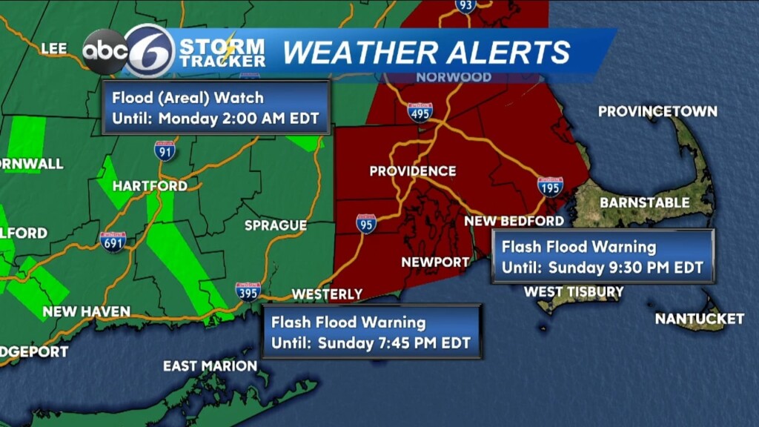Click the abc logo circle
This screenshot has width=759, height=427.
point(105,51)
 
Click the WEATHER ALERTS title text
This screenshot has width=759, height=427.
point(427,53)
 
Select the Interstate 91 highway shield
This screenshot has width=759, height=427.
point(165,150)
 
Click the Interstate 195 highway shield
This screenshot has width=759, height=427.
point(550,186)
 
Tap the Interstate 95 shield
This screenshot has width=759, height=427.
point(365,223)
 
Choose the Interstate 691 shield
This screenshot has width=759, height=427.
point(113,242)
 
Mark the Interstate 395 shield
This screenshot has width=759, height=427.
point(248,291)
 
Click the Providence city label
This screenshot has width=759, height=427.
point(413,171)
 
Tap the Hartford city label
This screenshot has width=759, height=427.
point(150,186)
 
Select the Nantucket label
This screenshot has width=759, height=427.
point(699,319)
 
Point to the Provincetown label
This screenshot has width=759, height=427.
point(657,112)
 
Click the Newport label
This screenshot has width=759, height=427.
point(435,262)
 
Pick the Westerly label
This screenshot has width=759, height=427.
point(327,294)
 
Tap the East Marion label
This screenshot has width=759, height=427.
point(210,366)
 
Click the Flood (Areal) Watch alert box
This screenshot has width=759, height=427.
point(216,107)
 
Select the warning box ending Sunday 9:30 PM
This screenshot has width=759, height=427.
point(603,256)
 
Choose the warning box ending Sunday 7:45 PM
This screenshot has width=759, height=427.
point(371,332)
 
